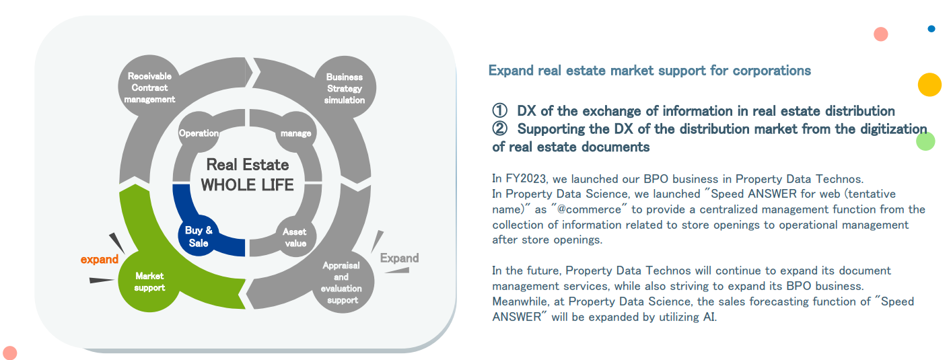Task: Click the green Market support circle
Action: tap(149, 281)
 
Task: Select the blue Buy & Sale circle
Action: tap(199, 236)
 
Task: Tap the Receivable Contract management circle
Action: tap(149, 87)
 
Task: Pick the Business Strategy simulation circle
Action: tap(345, 88)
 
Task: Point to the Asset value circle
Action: tap(295, 237)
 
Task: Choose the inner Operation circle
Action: tap(199, 133)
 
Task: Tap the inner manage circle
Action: tap(295, 133)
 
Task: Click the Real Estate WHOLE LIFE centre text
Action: tap(247, 174)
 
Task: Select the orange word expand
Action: tap(100, 260)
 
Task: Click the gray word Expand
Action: tap(399, 258)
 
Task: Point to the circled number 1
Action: tap(499, 111)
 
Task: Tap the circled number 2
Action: tap(499, 129)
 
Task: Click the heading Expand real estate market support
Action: tap(649, 71)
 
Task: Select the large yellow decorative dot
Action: tap(929, 85)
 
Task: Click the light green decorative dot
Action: tap(925, 141)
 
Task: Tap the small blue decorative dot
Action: tap(931, 29)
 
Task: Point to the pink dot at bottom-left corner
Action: tap(9, 353)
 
